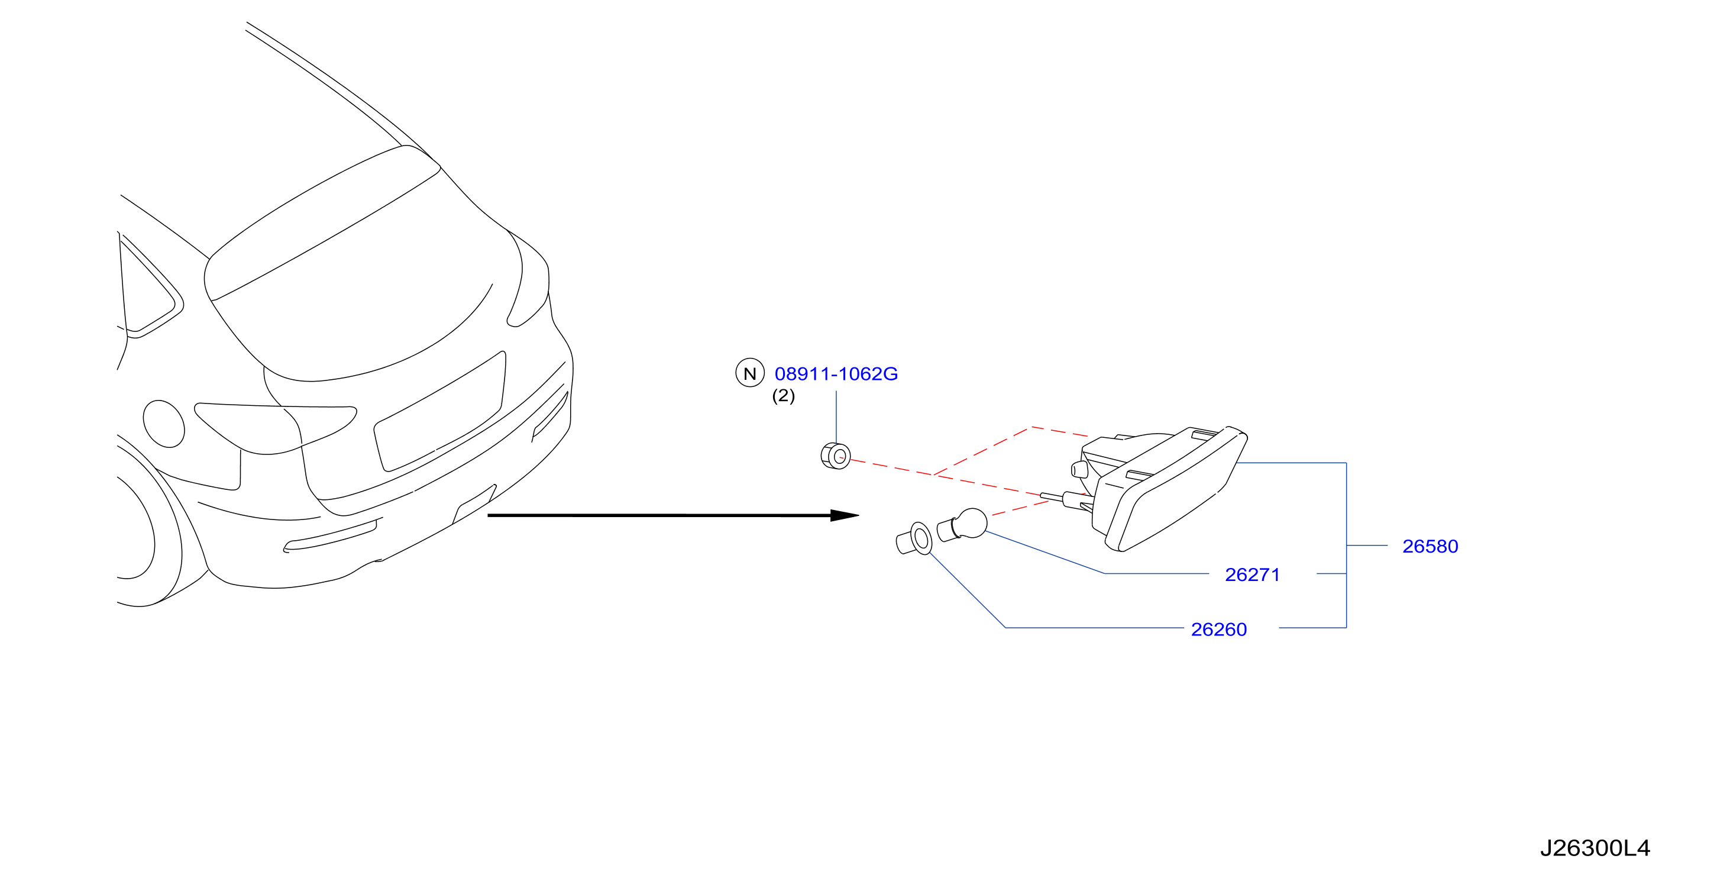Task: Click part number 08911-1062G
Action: (836, 374)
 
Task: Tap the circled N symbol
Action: (750, 373)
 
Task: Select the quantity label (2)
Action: (783, 396)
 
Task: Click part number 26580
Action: (1430, 547)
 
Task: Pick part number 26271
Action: (1253, 574)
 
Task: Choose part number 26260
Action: (1219, 630)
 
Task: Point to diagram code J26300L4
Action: (1596, 848)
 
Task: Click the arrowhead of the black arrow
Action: (845, 515)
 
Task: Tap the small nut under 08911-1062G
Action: (836, 456)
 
